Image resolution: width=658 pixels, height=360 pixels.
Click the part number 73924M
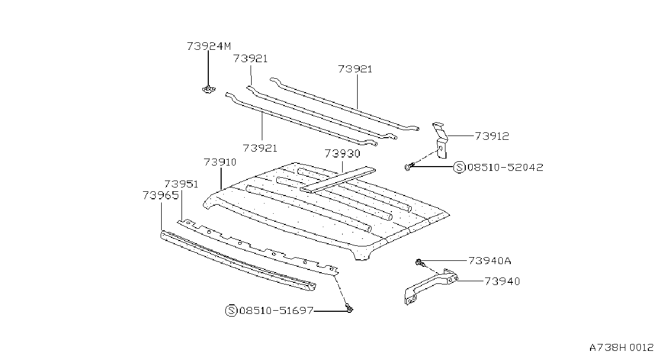(209, 46)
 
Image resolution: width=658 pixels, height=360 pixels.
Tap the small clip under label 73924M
(208, 89)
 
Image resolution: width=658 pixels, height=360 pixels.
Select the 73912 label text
(491, 136)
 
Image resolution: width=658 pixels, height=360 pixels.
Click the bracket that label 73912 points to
(440, 140)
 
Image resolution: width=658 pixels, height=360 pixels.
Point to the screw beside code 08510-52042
(410, 166)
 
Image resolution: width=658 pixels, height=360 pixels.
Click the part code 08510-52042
(505, 167)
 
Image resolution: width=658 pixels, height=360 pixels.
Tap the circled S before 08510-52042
(459, 167)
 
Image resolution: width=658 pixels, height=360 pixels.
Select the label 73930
(342, 153)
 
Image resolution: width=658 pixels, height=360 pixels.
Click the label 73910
(220, 162)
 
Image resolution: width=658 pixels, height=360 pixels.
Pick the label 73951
(181, 184)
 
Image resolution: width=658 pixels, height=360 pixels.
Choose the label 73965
(161, 195)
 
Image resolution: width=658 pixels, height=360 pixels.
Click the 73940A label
(490, 261)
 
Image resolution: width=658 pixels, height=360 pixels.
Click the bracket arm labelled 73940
(430, 286)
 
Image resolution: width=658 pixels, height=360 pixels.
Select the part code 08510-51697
(277, 310)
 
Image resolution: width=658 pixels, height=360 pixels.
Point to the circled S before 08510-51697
(231, 310)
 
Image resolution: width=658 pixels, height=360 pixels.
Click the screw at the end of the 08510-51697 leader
(349, 308)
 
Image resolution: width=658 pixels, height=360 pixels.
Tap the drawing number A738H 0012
(621, 348)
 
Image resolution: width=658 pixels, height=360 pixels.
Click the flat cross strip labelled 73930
(337, 180)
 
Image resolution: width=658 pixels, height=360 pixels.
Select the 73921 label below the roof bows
(260, 148)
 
